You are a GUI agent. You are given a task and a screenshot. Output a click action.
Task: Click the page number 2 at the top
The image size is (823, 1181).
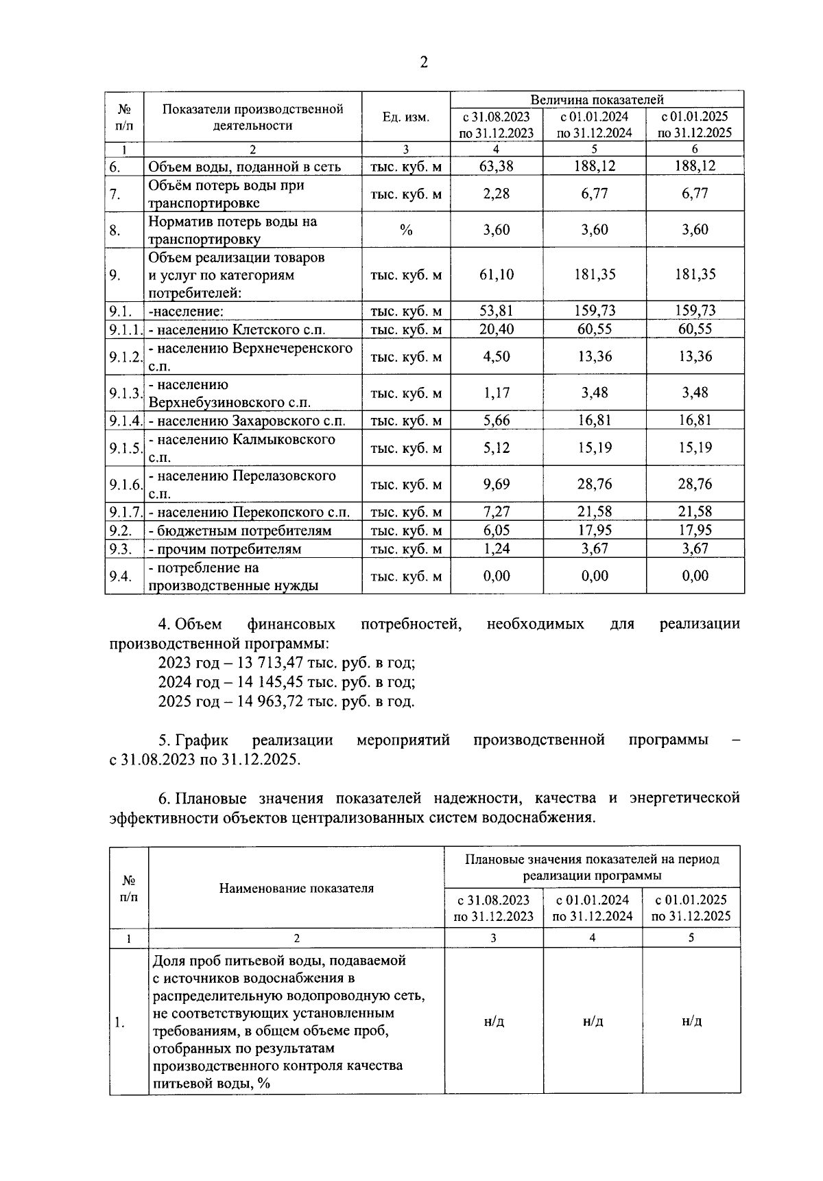point(423,62)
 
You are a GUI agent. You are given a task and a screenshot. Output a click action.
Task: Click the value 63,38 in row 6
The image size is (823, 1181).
point(497,166)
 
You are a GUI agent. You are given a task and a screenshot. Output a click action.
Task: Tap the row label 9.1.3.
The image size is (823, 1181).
point(125,393)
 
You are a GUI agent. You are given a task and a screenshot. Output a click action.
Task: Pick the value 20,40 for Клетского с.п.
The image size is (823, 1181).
point(497,329)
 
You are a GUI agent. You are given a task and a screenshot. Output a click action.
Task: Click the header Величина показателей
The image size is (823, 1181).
point(597,100)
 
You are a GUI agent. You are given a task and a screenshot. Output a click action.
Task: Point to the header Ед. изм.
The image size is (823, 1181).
point(406,117)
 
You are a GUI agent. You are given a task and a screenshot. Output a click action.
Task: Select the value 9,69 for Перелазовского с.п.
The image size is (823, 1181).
point(497,484)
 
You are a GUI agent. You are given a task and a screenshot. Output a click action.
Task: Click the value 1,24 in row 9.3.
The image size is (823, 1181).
point(497,549)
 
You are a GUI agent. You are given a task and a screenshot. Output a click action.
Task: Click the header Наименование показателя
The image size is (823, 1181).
point(296,889)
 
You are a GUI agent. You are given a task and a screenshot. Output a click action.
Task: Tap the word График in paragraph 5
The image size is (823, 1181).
point(202,740)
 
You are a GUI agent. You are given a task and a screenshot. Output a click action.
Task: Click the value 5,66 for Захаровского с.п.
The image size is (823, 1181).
point(497,421)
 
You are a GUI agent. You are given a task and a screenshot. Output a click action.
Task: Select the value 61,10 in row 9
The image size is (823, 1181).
point(497,275)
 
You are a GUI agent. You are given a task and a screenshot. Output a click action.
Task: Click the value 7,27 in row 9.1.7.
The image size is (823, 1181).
point(497,512)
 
